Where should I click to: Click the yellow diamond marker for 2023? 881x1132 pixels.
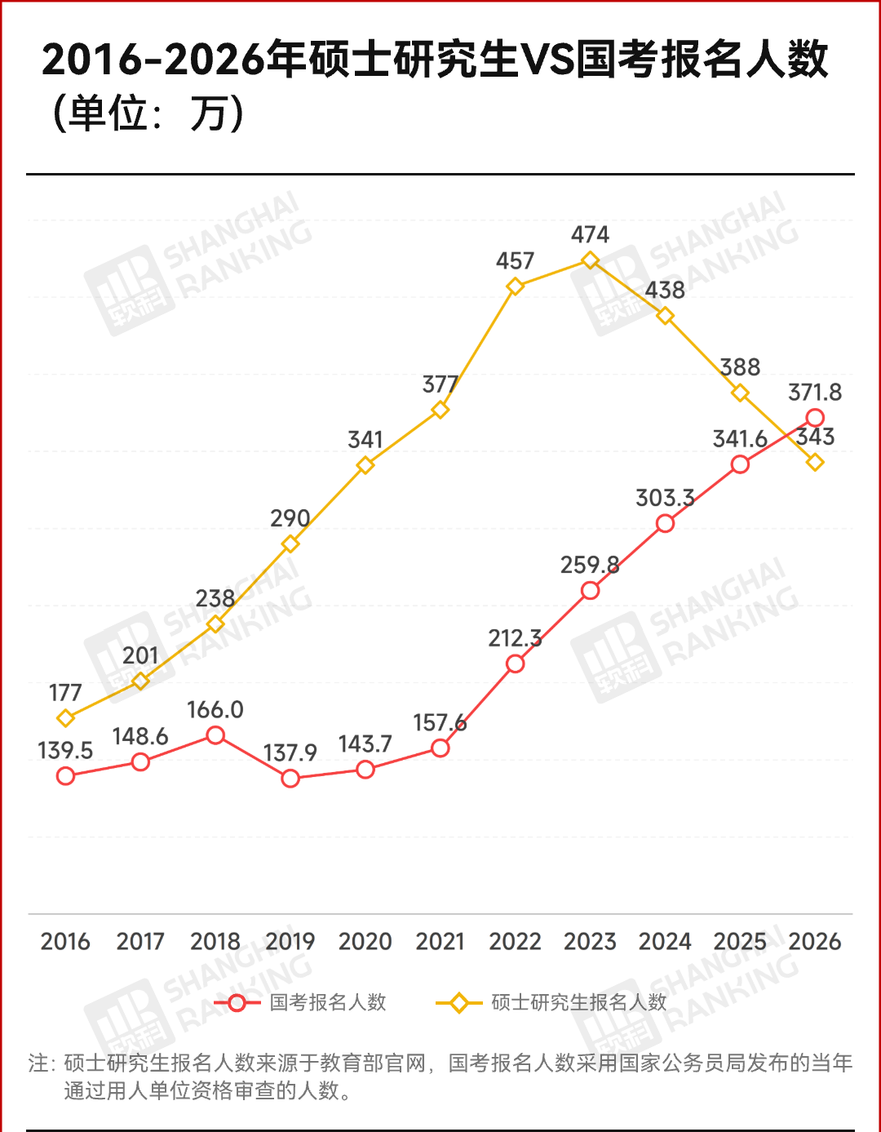(590, 260)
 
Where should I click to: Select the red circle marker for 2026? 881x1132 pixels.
(815, 418)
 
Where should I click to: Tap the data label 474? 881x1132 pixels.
(590, 235)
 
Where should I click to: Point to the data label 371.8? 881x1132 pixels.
(814, 393)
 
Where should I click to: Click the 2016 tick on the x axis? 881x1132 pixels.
(65, 942)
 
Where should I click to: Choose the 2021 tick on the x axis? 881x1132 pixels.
(440, 942)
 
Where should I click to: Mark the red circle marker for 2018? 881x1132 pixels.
(215, 735)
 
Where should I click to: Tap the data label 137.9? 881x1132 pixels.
(290, 752)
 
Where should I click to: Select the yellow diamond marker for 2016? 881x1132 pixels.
(65, 718)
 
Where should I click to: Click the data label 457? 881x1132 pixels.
(515, 261)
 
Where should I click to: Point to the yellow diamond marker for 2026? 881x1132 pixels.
(815, 462)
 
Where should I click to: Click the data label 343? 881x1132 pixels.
(816, 437)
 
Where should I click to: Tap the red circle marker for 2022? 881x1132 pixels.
(515, 664)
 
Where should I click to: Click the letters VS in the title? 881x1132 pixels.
(547, 60)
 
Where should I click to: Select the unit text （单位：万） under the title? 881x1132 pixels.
(147, 113)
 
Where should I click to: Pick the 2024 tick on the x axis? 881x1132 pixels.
(665, 942)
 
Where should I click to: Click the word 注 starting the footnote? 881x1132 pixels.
(38, 1063)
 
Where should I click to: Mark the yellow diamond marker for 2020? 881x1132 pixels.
(365, 465)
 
